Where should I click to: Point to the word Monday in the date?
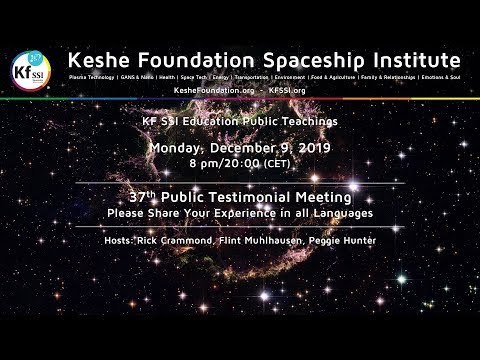point(178,148)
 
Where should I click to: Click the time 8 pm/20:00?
point(216,165)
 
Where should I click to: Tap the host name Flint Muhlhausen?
point(266,241)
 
